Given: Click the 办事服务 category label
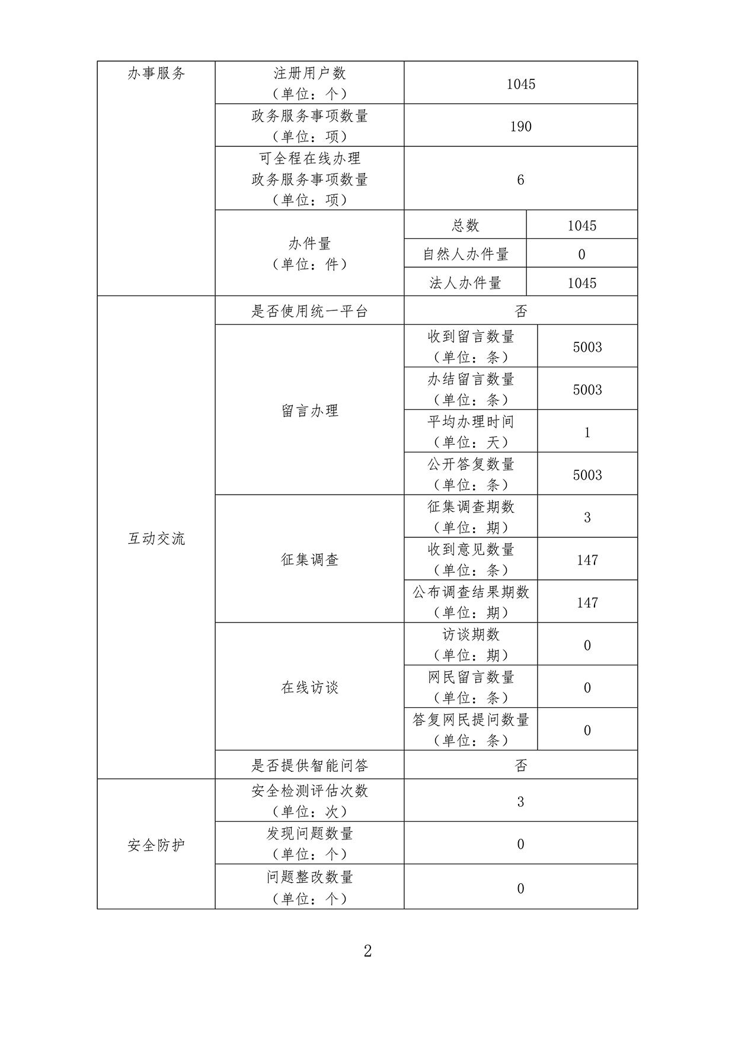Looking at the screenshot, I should pos(156,73).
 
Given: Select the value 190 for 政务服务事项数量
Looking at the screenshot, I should pos(520,126).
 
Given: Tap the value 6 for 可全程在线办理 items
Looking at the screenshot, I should pos(520,179).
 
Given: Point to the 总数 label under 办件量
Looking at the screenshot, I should pos(465,225).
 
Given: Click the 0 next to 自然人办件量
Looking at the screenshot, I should pos(581,254).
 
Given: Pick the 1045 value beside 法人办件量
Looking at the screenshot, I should pos(581,283).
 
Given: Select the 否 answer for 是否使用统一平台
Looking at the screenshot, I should pos(520,311).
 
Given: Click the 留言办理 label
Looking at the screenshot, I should pos(309,411).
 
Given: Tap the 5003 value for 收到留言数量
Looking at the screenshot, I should pos(587,347).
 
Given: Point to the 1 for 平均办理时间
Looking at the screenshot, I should pos(587,432).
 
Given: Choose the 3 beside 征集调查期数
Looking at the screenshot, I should pos(587,517).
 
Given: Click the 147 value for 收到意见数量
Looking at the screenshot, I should pos(587,560).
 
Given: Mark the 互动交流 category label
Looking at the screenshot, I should pos(156,538).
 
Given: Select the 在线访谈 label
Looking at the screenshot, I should pos(309,687).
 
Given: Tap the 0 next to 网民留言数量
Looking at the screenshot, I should pos(587,688).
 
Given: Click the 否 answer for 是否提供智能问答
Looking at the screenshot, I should pos(520,765).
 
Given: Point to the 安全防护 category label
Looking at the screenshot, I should pos(156,845).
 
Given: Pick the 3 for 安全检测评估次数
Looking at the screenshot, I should pos(520,801).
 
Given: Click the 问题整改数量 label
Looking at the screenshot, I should pos(309,877).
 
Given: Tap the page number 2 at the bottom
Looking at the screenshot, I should pos(367,951).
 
